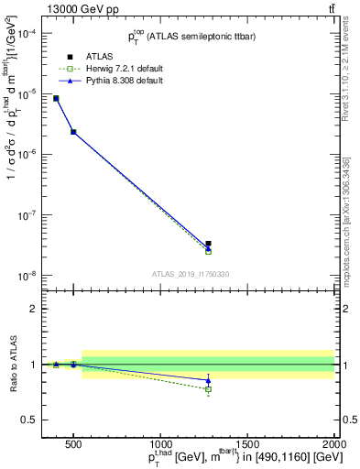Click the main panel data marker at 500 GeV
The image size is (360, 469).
tap(73, 132)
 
